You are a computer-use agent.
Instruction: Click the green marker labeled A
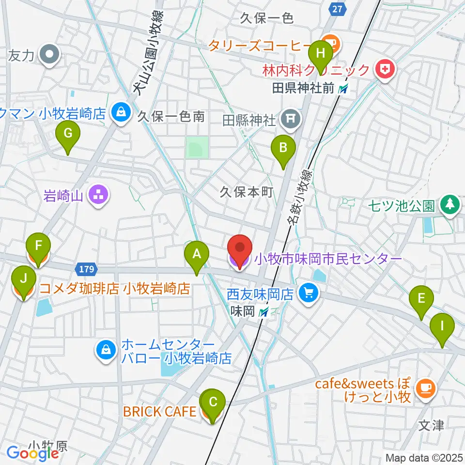(x=196, y=254)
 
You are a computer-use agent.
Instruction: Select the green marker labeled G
(x=67, y=133)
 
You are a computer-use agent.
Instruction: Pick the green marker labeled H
(x=321, y=51)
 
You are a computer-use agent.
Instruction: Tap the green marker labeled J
(x=23, y=279)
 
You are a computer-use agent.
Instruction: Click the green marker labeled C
(x=212, y=402)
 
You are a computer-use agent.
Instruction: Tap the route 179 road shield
(x=87, y=268)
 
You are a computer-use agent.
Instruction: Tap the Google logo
(x=33, y=453)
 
